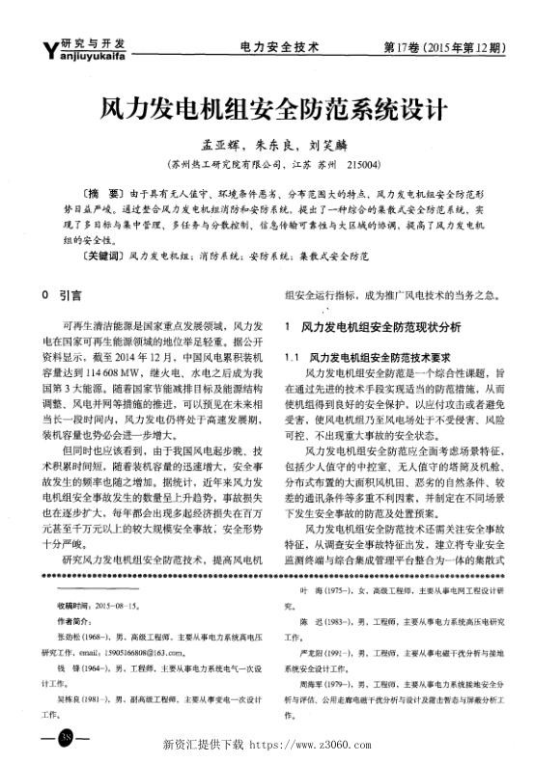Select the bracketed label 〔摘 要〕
[x=103, y=194]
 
